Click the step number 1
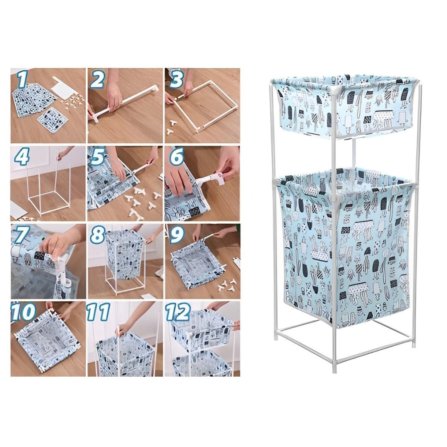tap(22, 80)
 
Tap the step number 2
tap(97, 80)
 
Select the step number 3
tap(176, 79)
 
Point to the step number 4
tap(22, 157)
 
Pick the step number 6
tap(176, 158)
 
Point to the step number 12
tap(178, 313)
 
